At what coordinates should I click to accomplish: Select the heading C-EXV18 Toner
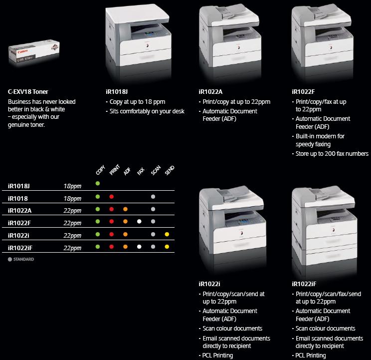[28, 92]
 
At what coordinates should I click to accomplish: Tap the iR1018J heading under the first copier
[117, 92]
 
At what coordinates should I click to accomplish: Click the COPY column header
[100, 170]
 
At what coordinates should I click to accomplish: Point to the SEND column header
[170, 170]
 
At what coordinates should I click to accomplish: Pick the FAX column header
[141, 171]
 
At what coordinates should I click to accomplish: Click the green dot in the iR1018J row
[98, 183]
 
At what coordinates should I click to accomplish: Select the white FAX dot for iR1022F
[139, 222]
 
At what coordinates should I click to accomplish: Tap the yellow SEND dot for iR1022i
[167, 234]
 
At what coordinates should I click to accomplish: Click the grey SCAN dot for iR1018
[153, 197]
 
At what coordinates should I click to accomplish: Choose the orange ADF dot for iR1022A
[125, 209]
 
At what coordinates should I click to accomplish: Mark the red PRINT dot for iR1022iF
[111, 247]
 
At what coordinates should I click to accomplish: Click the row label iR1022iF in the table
[20, 248]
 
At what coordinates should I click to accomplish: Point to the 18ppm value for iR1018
[72, 198]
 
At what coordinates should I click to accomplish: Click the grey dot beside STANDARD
[9, 259]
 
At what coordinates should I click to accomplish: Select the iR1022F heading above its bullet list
[303, 92]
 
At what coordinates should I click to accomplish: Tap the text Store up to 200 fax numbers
[332, 154]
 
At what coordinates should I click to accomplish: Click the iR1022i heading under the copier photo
[209, 284]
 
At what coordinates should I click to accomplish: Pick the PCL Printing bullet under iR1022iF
[311, 356]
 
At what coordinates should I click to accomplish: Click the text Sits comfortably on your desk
[147, 111]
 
